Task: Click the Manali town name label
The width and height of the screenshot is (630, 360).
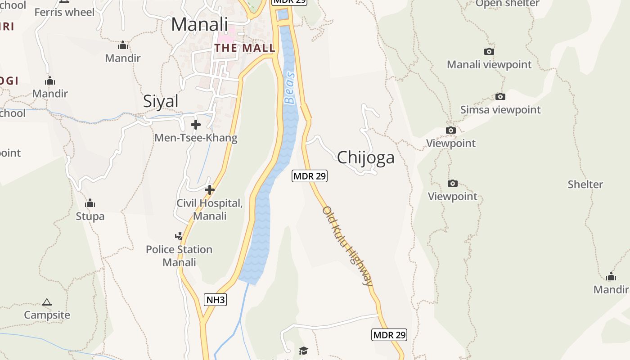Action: (x=199, y=24)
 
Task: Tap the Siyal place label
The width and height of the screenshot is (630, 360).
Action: (x=161, y=101)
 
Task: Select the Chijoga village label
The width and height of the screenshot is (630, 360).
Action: (x=365, y=157)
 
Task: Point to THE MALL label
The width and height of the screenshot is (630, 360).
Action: (x=245, y=48)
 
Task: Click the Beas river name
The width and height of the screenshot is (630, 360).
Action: (x=291, y=88)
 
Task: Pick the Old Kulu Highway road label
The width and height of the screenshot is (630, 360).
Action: (x=348, y=246)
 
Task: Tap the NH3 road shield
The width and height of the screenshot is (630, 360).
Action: (x=215, y=300)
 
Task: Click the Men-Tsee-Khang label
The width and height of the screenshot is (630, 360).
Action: (x=196, y=138)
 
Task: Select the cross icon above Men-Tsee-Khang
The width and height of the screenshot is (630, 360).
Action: (x=196, y=125)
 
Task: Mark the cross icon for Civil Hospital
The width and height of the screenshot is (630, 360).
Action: (x=209, y=190)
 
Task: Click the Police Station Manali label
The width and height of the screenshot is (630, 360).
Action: (x=179, y=256)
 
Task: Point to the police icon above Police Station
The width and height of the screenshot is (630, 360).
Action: (x=179, y=236)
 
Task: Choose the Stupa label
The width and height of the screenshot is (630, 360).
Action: (x=90, y=216)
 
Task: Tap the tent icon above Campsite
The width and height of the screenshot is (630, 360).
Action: (x=47, y=302)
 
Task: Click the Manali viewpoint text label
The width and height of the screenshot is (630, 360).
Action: (x=489, y=65)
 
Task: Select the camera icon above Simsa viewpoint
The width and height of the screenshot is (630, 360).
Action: (x=500, y=96)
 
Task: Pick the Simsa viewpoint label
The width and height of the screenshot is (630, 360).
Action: (x=500, y=110)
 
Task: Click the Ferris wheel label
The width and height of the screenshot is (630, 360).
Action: (x=64, y=12)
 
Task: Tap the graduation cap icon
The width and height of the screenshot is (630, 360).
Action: (x=303, y=351)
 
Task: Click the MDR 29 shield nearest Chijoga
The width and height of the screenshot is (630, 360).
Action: (x=310, y=176)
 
